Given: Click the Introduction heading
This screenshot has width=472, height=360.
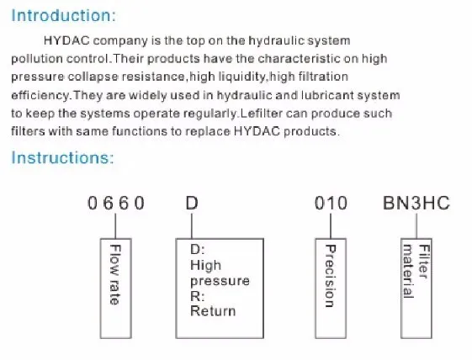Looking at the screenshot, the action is click(x=63, y=15).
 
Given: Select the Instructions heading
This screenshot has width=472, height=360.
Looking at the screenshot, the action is click(x=62, y=157).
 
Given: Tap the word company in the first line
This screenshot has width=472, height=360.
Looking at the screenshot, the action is click(x=120, y=41).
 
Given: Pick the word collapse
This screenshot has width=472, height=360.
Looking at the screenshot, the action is click(x=93, y=77).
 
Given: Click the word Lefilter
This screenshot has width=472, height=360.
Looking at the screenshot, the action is click(x=262, y=114).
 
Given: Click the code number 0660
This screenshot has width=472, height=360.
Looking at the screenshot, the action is click(x=116, y=203).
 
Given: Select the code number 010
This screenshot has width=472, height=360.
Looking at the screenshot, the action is click(x=331, y=203).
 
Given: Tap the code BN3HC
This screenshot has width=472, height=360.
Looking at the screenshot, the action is click(x=416, y=203).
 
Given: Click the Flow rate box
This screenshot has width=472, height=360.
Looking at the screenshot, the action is click(x=115, y=289).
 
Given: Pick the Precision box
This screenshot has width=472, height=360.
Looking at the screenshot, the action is click(x=331, y=289).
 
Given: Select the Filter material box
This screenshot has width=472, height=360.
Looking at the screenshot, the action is click(x=416, y=289).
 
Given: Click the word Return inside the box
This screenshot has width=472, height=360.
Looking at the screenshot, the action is click(x=213, y=311).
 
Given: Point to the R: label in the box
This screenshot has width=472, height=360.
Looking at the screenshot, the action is click(x=197, y=296).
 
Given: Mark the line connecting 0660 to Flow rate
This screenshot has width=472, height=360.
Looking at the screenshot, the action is click(x=115, y=225).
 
